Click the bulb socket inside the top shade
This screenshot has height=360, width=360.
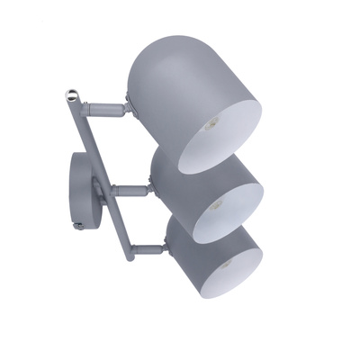(211, 124)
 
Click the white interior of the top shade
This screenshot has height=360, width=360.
(229, 135)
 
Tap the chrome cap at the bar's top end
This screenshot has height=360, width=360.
(72, 93)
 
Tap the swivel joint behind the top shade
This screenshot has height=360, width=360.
(129, 107)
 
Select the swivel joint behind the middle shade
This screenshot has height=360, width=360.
(148, 189)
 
